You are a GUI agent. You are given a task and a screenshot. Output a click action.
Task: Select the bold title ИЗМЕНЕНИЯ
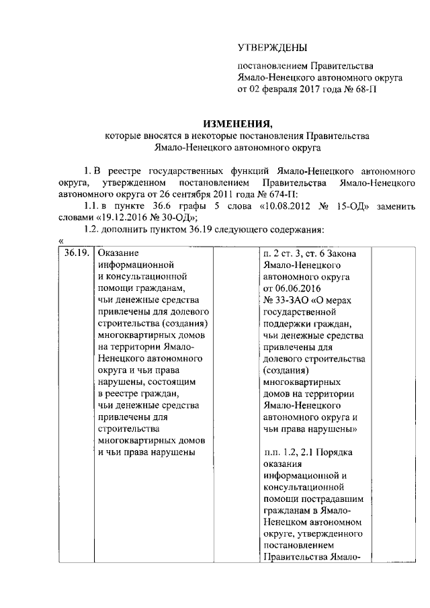238,123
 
